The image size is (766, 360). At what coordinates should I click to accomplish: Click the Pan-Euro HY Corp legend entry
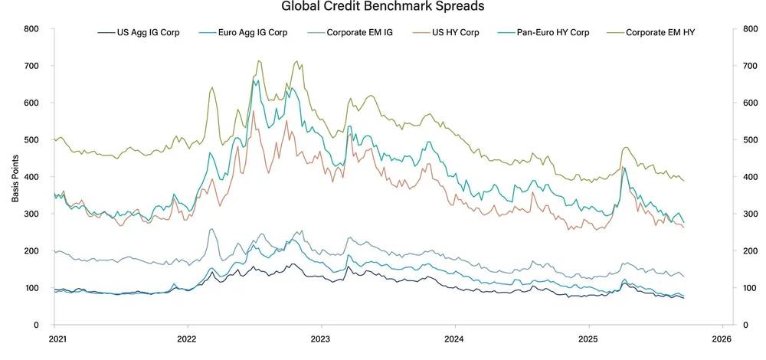click(x=554, y=33)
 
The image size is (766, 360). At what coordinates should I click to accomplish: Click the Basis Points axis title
click(x=15, y=176)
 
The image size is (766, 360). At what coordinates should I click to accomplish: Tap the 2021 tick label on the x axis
click(x=55, y=337)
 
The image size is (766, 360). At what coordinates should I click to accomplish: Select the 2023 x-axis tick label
click(x=321, y=337)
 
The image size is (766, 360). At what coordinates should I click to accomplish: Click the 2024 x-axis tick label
click(x=454, y=337)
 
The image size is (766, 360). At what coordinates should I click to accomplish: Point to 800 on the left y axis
click(x=31, y=29)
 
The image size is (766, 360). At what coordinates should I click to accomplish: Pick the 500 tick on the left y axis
click(x=31, y=140)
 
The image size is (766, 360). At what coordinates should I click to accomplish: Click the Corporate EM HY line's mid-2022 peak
click(x=259, y=61)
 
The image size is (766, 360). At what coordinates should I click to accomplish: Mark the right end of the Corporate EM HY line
click(x=683, y=181)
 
